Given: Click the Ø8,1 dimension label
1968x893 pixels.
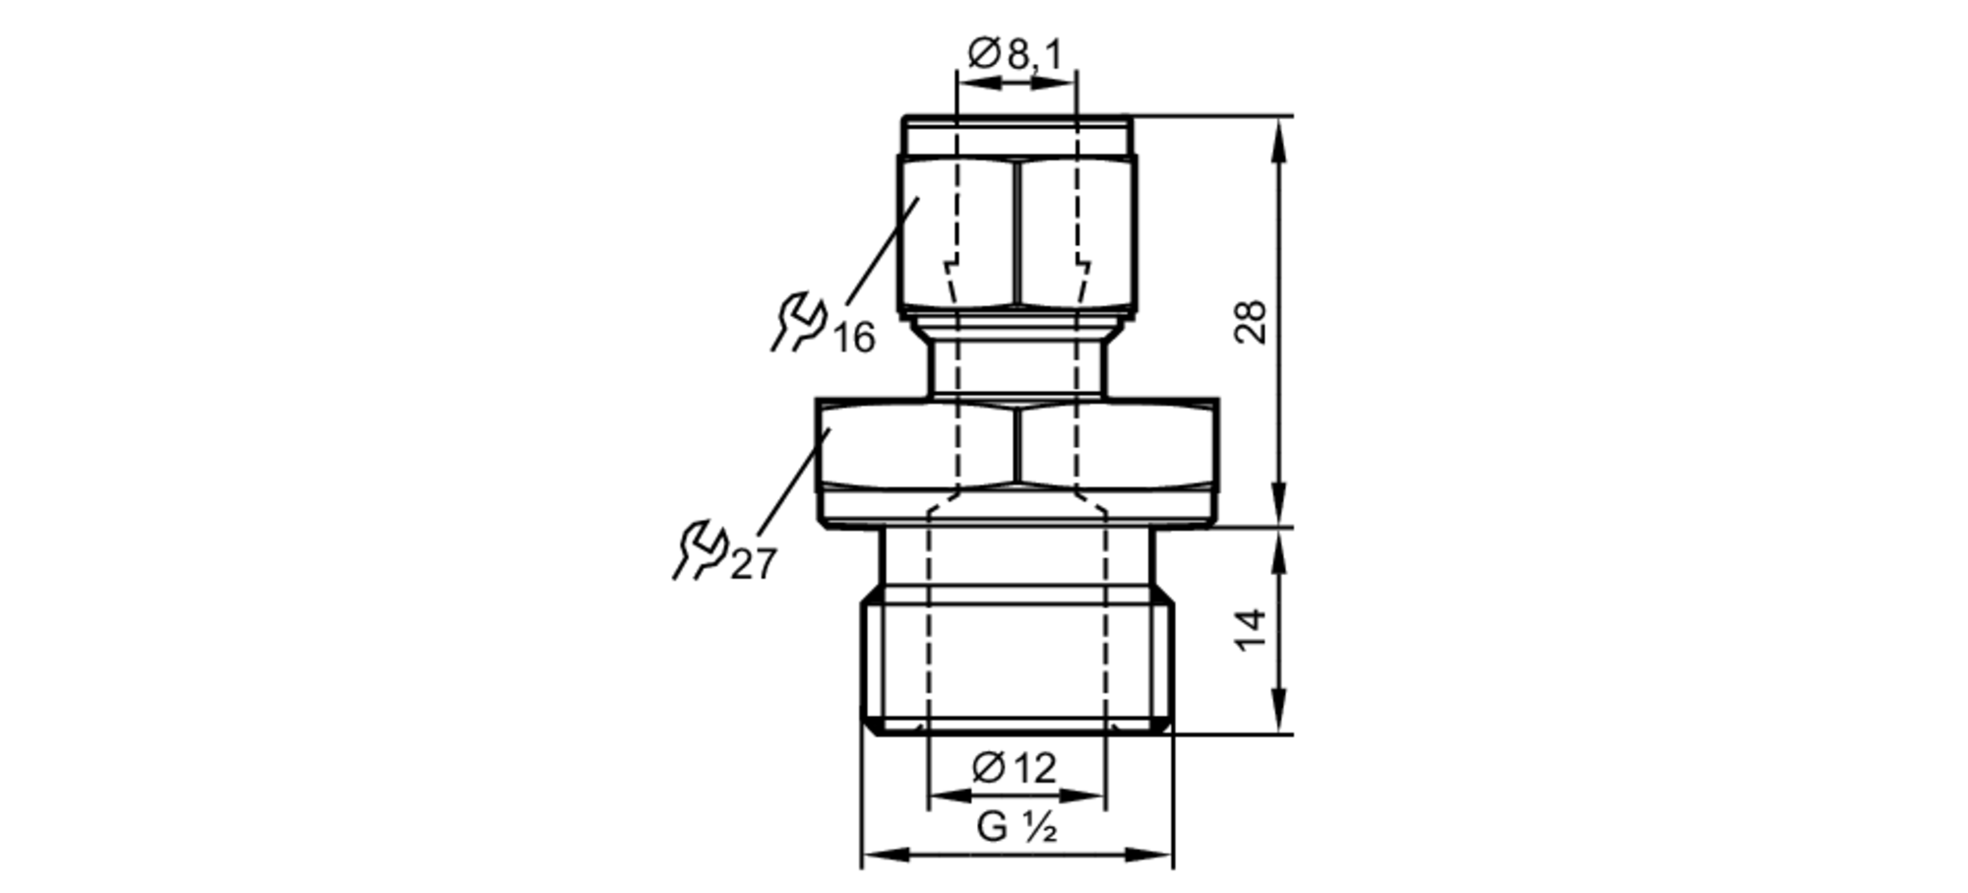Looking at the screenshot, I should [x=1015, y=54].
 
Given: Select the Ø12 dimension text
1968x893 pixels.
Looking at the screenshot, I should [x=1015, y=768].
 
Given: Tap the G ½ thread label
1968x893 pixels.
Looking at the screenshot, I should [x=1016, y=828].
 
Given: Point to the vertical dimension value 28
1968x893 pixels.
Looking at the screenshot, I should [x=1251, y=321].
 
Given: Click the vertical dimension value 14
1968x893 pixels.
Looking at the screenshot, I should [x=1251, y=630].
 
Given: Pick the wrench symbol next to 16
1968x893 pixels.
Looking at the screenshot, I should [x=798, y=322].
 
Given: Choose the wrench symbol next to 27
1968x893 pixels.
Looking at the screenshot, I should [x=700, y=550].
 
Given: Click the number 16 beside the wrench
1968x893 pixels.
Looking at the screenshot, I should [x=854, y=339].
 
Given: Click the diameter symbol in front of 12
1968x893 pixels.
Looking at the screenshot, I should [x=988, y=767].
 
